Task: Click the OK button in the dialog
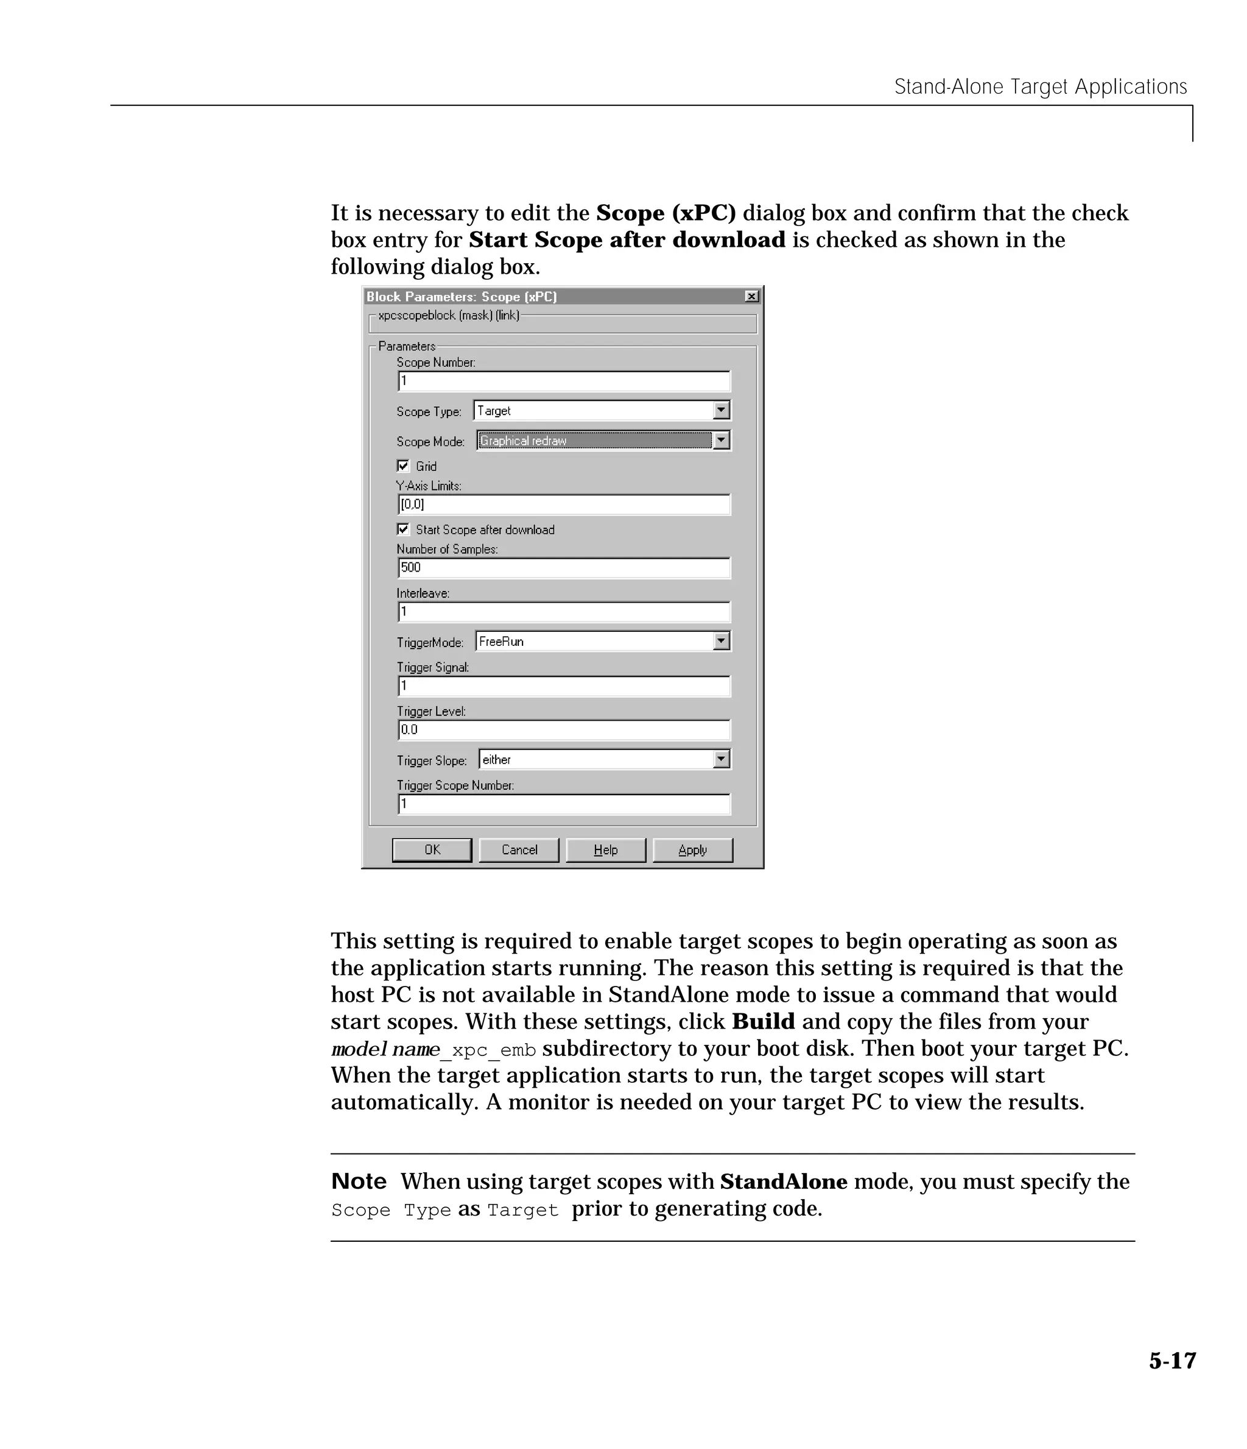[431, 849]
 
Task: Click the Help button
[605, 849]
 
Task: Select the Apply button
[692, 849]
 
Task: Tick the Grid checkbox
[403, 466]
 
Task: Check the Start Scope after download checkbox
[403, 530]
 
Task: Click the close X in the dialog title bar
[751, 297]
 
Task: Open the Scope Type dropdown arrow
[722, 411]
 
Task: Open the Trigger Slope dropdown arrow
[722, 759]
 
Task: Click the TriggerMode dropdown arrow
[722, 641]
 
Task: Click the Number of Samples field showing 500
[563, 568]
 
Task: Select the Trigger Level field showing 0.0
[563, 730]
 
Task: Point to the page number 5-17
[1172, 1361]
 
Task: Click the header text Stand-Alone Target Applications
[1040, 87]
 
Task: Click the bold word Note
[359, 1181]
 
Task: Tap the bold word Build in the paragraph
[764, 1022]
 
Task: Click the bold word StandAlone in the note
[784, 1181]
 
